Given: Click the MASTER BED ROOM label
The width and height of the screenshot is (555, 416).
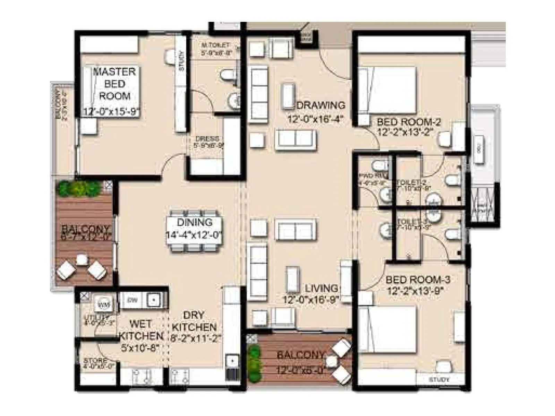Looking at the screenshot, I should click(114, 84).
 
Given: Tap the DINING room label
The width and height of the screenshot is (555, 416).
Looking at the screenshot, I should click(194, 222).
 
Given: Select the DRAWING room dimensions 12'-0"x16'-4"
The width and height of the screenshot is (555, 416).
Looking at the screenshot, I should click(315, 119).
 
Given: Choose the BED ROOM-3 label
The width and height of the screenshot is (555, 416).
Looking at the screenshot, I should click(418, 279).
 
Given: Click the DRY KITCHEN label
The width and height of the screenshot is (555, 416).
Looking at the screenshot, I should click(194, 321).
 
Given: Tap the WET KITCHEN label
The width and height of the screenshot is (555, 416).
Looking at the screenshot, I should click(140, 330).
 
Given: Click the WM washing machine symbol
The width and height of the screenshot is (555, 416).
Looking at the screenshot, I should click(104, 305).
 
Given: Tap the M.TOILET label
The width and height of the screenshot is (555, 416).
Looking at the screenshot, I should click(216, 45).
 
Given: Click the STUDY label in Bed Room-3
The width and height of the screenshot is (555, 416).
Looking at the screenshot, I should click(439, 380).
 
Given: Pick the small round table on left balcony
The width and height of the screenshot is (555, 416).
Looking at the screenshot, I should click(81, 260).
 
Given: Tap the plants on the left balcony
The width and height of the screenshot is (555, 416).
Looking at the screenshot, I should click(79, 189).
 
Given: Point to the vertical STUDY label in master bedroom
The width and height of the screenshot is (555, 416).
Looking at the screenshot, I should click(181, 61).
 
